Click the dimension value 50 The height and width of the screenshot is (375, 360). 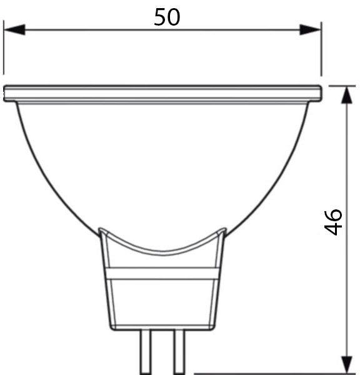(x=167, y=17)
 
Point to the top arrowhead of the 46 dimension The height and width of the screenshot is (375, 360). (x=346, y=96)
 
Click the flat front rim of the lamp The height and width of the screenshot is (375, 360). (x=162, y=94)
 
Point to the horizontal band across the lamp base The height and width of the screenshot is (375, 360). (x=162, y=273)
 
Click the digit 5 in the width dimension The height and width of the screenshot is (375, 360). (x=160, y=17)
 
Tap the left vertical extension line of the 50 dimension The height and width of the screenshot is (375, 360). (x=4, y=50)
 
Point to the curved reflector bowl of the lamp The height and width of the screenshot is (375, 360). (x=162, y=169)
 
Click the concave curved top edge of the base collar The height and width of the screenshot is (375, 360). (x=162, y=251)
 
